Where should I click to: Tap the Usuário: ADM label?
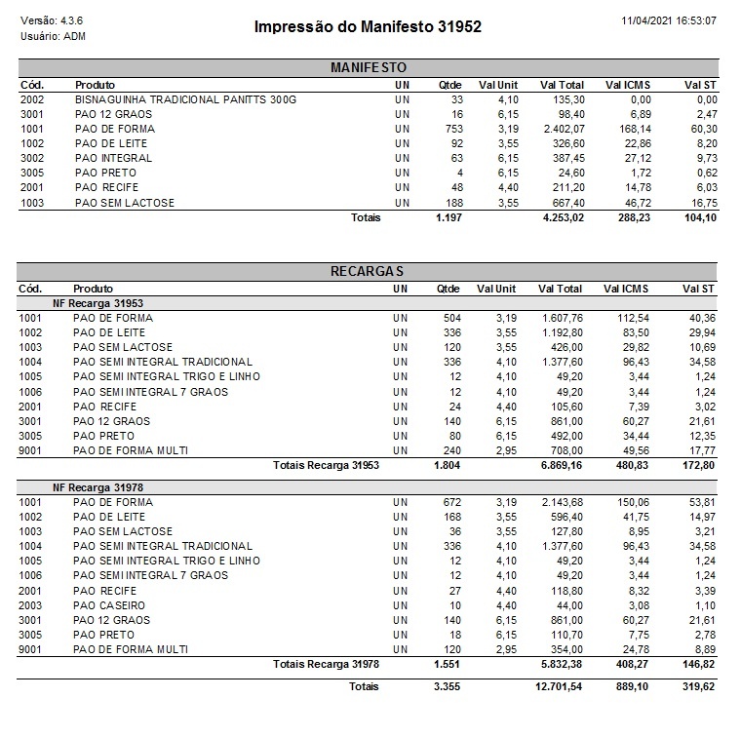click(53, 36)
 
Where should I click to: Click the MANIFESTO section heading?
click(368, 68)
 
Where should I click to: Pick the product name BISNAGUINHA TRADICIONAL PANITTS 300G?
click(185, 99)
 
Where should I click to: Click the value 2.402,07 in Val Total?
click(563, 129)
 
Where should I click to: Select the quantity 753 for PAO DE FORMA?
click(451, 129)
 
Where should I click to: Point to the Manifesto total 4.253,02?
click(563, 217)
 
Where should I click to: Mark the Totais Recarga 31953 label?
click(326, 465)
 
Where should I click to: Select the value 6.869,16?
click(562, 465)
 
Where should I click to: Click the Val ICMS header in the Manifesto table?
click(628, 85)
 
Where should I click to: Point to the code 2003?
click(31, 605)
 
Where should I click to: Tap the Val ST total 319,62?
click(698, 687)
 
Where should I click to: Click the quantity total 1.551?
click(448, 664)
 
